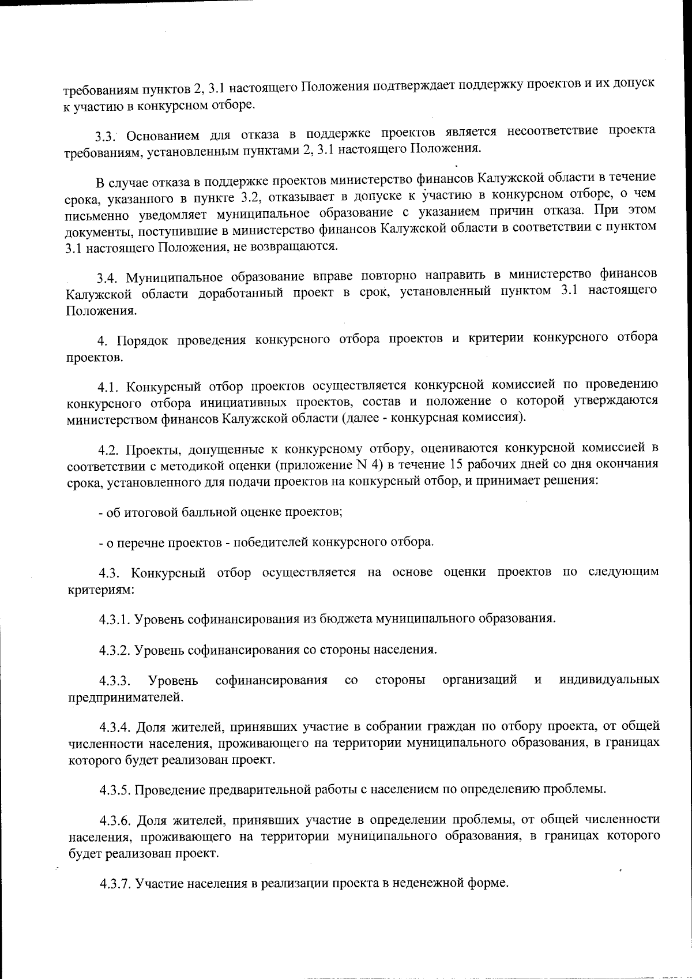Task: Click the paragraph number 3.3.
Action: tap(106, 137)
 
